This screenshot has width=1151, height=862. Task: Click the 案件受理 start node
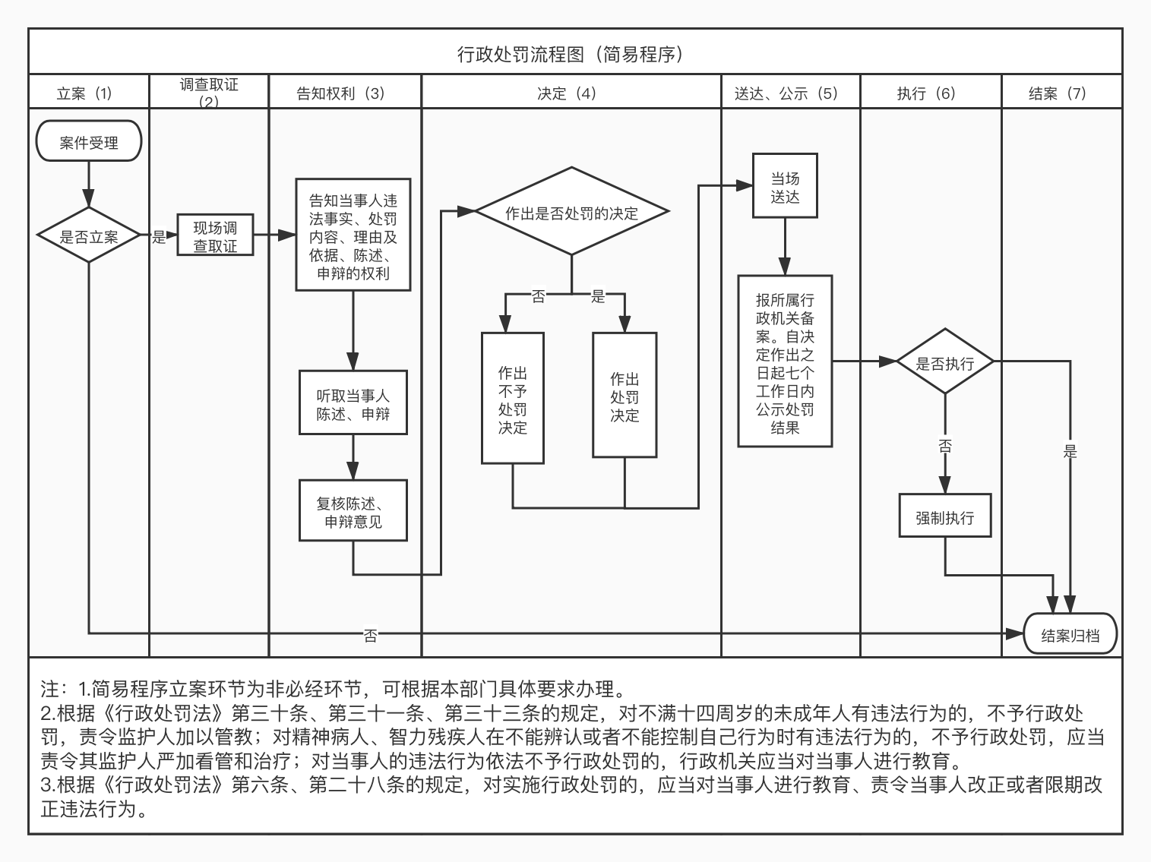coord(89,141)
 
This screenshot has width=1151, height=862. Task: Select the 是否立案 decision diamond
coord(89,236)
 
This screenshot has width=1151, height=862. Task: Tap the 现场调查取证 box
coord(215,236)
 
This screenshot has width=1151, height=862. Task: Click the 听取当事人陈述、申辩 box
coord(353,403)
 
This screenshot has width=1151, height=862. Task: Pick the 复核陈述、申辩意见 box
coord(353,511)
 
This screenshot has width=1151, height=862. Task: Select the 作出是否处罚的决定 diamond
coord(571,213)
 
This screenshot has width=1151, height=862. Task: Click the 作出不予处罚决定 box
coord(512,399)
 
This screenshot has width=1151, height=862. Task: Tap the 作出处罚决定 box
coord(625,396)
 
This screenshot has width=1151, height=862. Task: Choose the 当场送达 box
coord(785,187)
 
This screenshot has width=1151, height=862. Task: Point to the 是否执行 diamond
coord(944,362)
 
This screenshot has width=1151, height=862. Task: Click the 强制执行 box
coord(944,517)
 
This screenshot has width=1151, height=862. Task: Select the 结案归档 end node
coord(1070,635)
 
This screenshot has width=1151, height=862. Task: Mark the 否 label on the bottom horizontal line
coord(370,635)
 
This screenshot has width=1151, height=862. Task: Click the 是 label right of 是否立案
coord(158,237)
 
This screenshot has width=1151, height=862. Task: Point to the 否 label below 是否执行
coord(944,446)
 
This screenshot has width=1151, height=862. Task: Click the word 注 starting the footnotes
coord(49,689)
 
